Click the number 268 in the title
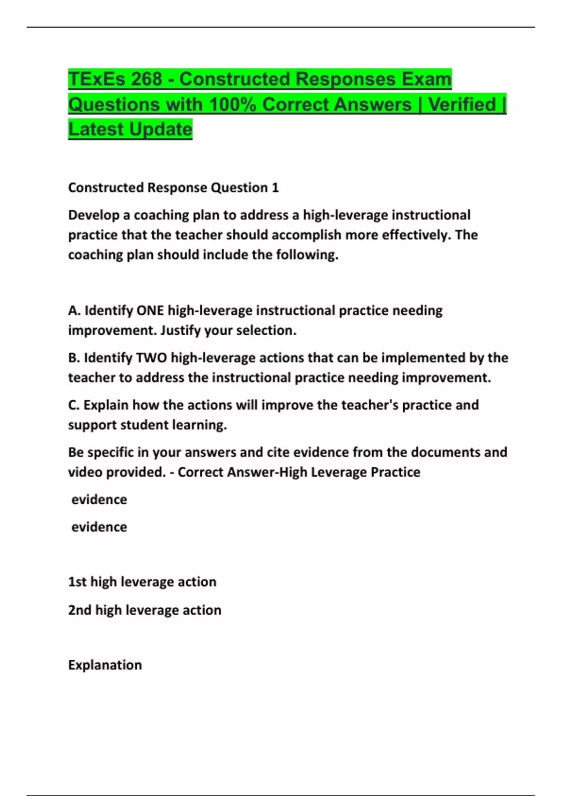tap(146, 79)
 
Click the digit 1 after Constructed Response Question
tap(275, 188)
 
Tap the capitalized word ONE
tap(150, 310)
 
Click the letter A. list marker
tap(74, 310)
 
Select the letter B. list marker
tap(74, 358)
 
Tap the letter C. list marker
tap(74, 405)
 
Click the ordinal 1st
tap(77, 582)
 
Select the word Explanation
tap(105, 665)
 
